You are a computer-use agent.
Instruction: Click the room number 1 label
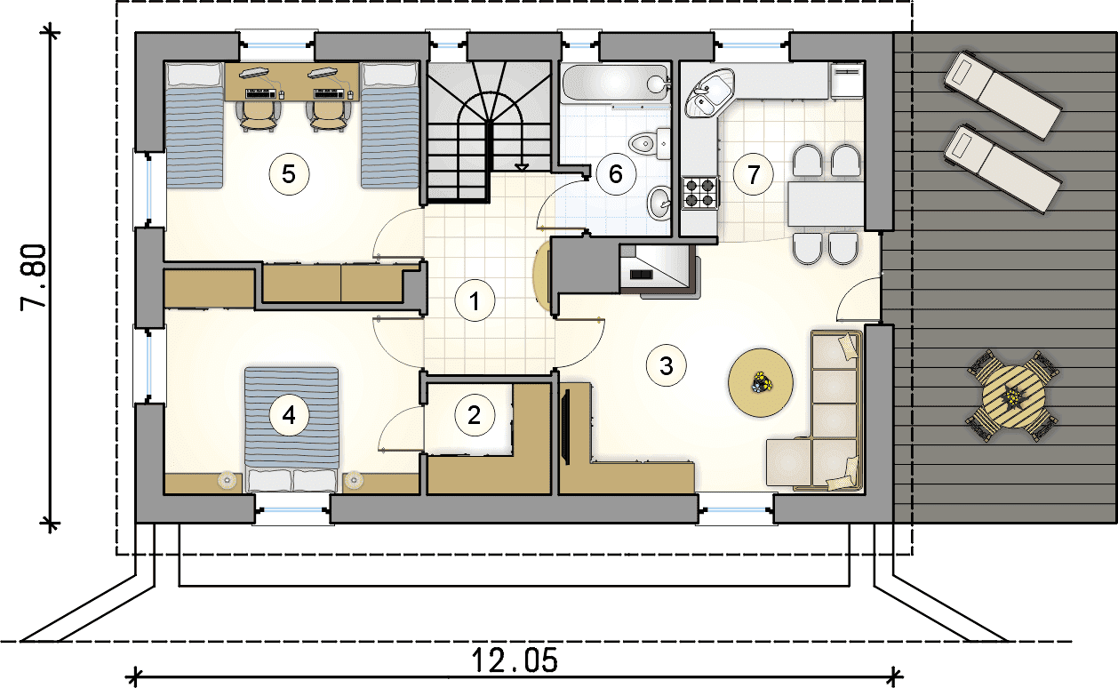475,301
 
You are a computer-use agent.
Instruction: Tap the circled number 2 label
475,415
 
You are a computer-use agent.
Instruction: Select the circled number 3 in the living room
667,366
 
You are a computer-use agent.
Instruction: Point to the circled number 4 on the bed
289,415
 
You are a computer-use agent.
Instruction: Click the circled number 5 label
289,174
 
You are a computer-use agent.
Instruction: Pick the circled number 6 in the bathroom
616,173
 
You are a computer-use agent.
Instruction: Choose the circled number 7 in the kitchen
753,174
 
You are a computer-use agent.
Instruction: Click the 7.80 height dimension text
34,277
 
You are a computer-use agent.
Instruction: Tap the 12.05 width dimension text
515,660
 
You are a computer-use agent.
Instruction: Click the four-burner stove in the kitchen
700,193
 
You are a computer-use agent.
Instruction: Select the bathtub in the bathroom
615,84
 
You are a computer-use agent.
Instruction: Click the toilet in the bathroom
649,144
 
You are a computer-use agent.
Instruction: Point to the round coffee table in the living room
760,383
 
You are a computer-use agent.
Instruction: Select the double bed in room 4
291,430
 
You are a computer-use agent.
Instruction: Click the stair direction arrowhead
522,167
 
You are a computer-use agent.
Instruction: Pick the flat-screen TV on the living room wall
565,427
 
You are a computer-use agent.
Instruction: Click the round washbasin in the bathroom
659,203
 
